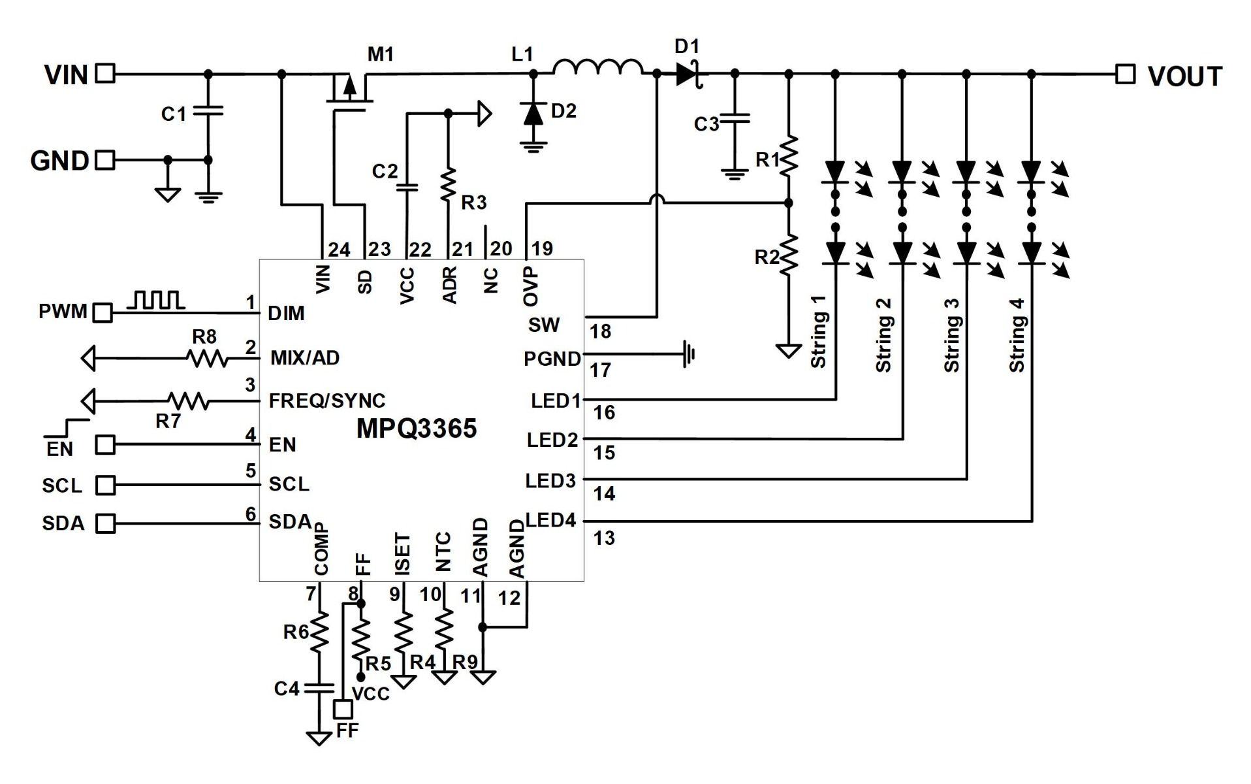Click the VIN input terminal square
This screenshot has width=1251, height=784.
coord(105,73)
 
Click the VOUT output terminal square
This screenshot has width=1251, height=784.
coord(1125,74)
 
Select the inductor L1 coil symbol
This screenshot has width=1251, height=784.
coord(597,67)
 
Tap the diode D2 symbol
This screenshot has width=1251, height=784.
coord(534,114)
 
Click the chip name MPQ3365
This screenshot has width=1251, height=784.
coord(417,429)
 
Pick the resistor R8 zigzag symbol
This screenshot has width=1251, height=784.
coord(207,358)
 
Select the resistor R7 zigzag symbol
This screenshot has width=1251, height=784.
coord(188,400)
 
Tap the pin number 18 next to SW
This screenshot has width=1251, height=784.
coord(600,331)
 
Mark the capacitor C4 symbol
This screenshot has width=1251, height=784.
coord(319,687)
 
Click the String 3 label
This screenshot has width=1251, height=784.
coord(952,335)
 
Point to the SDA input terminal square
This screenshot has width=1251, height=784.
coord(105,523)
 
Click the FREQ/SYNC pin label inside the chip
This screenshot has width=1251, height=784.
coord(327,400)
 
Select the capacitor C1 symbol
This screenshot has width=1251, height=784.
coord(208,110)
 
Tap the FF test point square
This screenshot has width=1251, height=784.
coord(343,709)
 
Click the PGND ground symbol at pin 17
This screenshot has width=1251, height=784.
coord(689,354)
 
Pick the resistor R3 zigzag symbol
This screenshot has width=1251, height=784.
coord(448,186)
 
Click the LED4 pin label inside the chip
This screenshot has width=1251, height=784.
coord(551,521)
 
